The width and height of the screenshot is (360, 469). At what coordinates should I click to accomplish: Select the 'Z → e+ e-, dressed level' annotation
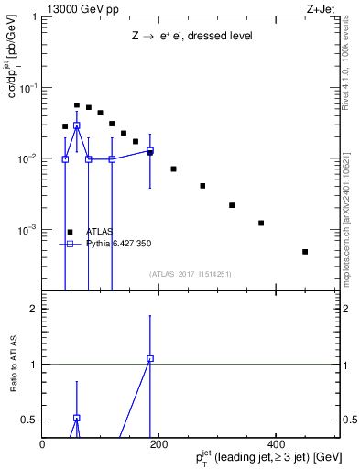[191, 36]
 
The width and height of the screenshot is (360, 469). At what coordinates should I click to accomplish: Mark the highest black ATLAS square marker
[77, 105]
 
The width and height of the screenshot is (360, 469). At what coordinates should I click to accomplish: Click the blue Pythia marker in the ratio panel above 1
[150, 359]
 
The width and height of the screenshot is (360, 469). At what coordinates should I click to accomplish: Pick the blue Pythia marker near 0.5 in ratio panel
[77, 418]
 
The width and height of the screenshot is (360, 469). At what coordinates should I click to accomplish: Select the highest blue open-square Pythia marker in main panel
[77, 125]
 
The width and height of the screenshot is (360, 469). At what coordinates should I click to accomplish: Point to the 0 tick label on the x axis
[43, 444]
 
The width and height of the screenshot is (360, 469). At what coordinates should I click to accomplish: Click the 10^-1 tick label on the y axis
[30, 88]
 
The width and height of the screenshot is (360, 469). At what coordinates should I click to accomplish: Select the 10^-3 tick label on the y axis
[30, 229]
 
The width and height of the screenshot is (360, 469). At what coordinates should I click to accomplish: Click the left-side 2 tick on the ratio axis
[33, 309]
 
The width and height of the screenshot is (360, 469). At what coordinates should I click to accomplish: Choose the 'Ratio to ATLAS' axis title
[14, 365]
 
